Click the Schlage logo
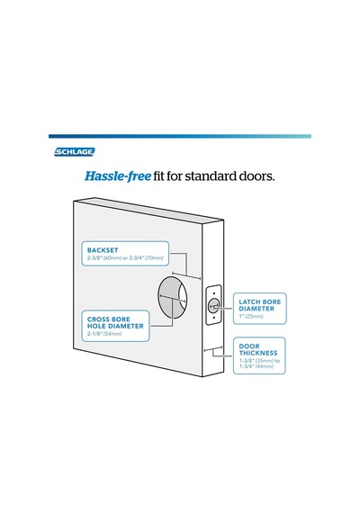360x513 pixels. click(x=75, y=152)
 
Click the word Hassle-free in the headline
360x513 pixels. click(x=118, y=176)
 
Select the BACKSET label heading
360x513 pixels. click(x=103, y=250)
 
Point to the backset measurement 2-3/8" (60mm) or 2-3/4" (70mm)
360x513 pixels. click(x=125, y=257)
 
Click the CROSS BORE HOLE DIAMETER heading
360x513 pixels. click(x=115, y=322)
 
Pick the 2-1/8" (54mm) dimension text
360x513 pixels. click(x=104, y=334)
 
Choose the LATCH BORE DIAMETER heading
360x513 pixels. click(x=260, y=305)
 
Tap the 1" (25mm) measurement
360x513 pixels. click(x=251, y=317)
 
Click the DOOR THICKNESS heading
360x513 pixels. click(x=258, y=350)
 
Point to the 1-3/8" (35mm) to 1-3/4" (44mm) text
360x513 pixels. click(x=259, y=364)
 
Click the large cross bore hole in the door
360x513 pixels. click(x=173, y=297)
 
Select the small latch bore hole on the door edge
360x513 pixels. click(x=213, y=306)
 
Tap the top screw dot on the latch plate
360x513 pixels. click(x=213, y=293)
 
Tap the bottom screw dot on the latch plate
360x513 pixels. click(x=213, y=318)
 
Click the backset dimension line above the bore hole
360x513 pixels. click(x=186, y=275)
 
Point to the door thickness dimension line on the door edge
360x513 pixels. click(x=212, y=349)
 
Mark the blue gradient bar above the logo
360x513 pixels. click(x=180, y=136)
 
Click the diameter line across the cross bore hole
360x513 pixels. click(x=173, y=298)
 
